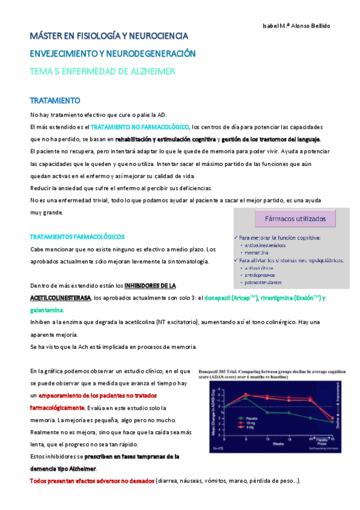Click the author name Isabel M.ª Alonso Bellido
point(296,26)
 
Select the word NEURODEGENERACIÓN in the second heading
point(150,54)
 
